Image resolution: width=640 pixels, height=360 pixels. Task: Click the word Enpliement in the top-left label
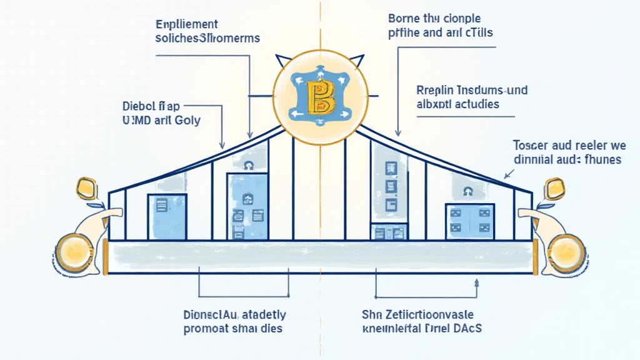pyautogui.click(x=187, y=25)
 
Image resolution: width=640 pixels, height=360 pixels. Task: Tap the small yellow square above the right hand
pyautogui.click(x=554, y=187)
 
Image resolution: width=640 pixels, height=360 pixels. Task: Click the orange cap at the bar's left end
pyautogui.click(x=107, y=257)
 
